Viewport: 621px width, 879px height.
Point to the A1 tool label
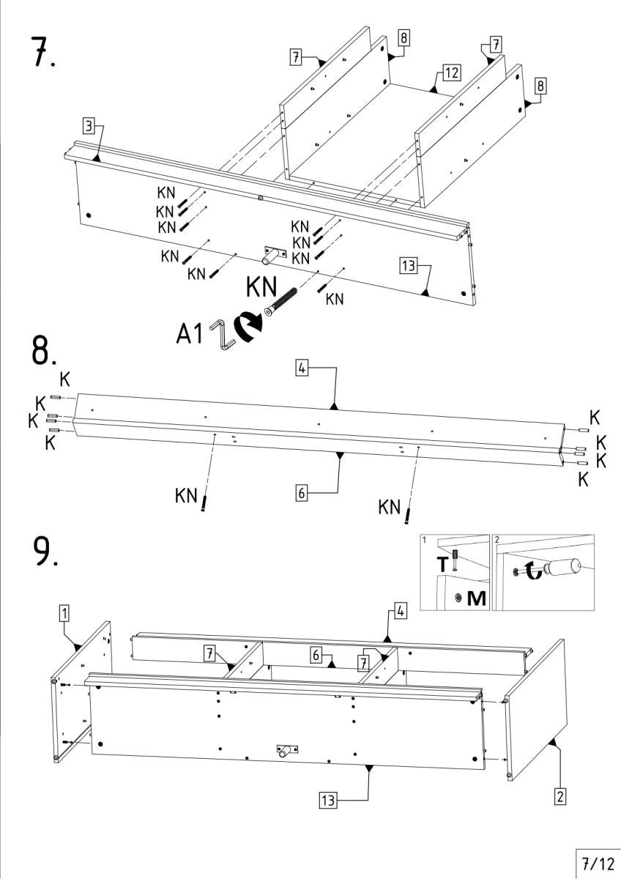point(189,333)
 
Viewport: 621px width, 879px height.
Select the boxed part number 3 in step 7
point(89,127)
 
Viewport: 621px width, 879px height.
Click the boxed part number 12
point(451,73)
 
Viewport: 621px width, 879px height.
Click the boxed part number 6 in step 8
point(301,493)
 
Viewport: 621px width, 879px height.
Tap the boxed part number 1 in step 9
point(64,612)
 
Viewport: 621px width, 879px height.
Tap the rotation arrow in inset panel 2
point(533,570)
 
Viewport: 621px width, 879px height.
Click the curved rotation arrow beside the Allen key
point(247,327)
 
